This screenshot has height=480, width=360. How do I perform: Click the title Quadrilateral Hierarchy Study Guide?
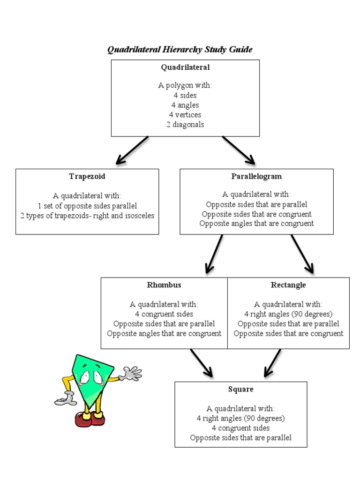click(x=180, y=49)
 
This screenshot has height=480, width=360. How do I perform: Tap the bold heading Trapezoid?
click(x=87, y=177)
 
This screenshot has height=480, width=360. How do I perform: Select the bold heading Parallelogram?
click(x=256, y=177)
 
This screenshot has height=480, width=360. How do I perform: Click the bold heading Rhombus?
click(x=164, y=285)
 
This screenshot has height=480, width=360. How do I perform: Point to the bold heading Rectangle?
click(x=288, y=285)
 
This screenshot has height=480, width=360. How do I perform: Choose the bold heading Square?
click(x=241, y=390)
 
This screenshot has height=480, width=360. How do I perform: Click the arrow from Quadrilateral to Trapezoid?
click(x=132, y=150)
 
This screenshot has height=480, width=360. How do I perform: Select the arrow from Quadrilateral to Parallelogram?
click(x=239, y=150)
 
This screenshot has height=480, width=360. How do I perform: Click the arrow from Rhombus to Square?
click(x=202, y=363)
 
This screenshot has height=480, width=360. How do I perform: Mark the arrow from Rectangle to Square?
click(x=272, y=363)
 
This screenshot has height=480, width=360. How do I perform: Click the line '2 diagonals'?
click(x=185, y=124)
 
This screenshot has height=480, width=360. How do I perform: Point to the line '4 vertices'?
click(x=185, y=114)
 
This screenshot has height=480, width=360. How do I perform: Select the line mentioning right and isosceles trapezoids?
click(x=87, y=216)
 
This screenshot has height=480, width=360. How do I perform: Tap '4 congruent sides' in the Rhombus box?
click(x=164, y=314)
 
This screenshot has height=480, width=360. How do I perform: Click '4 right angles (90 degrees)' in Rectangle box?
click(x=288, y=314)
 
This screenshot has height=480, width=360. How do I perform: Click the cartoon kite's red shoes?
click(x=90, y=418)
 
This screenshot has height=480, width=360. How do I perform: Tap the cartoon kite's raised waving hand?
click(x=131, y=374)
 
